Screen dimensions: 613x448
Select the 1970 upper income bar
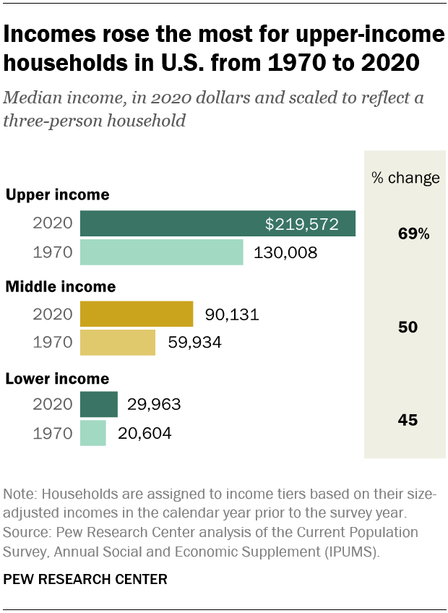click(x=161, y=252)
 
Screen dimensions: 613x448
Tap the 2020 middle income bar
click(x=136, y=314)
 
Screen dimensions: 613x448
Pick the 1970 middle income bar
click(x=117, y=343)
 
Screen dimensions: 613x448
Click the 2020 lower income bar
click(x=98, y=405)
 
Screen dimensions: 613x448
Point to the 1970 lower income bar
click(x=92, y=433)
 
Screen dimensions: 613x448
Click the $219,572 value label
click(x=301, y=224)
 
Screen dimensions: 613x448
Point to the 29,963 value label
click(x=154, y=405)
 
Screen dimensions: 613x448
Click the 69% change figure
click(x=413, y=234)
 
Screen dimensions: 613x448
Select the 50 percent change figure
click(x=408, y=327)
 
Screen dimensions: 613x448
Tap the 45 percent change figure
click(x=408, y=420)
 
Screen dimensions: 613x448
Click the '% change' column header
click(x=405, y=179)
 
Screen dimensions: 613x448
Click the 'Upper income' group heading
click(x=58, y=194)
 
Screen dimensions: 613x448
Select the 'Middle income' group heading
click(x=61, y=287)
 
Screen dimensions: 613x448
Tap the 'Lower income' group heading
click(x=58, y=379)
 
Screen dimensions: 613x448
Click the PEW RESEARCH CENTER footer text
click(x=85, y=579)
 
